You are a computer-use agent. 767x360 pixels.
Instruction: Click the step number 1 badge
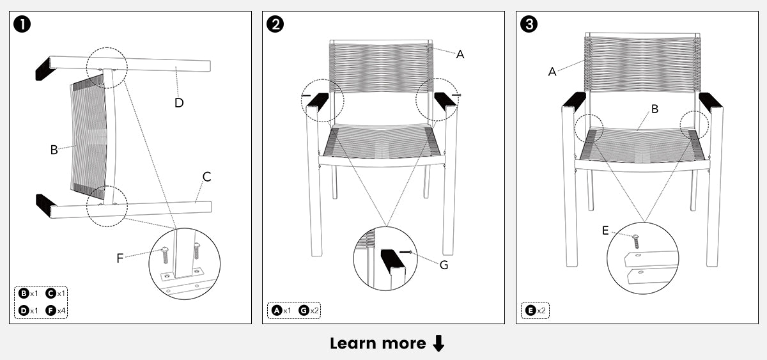22,25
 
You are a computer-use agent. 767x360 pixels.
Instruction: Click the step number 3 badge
529,25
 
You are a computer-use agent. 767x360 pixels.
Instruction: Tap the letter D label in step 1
179,102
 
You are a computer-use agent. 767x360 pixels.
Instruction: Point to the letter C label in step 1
206,176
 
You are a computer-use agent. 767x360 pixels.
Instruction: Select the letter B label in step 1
54,150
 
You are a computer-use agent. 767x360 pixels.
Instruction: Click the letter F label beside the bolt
120,258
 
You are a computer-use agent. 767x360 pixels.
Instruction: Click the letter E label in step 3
605,231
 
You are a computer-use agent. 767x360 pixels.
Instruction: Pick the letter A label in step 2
460,54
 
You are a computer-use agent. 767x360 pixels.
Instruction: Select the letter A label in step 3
552,72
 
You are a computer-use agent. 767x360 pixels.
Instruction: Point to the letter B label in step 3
655,109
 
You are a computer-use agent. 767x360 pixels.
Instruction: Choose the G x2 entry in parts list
309,311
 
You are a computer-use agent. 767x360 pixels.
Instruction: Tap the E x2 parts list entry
535,311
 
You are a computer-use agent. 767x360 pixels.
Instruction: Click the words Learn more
377,343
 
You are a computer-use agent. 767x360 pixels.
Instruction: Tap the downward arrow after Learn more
438,344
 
